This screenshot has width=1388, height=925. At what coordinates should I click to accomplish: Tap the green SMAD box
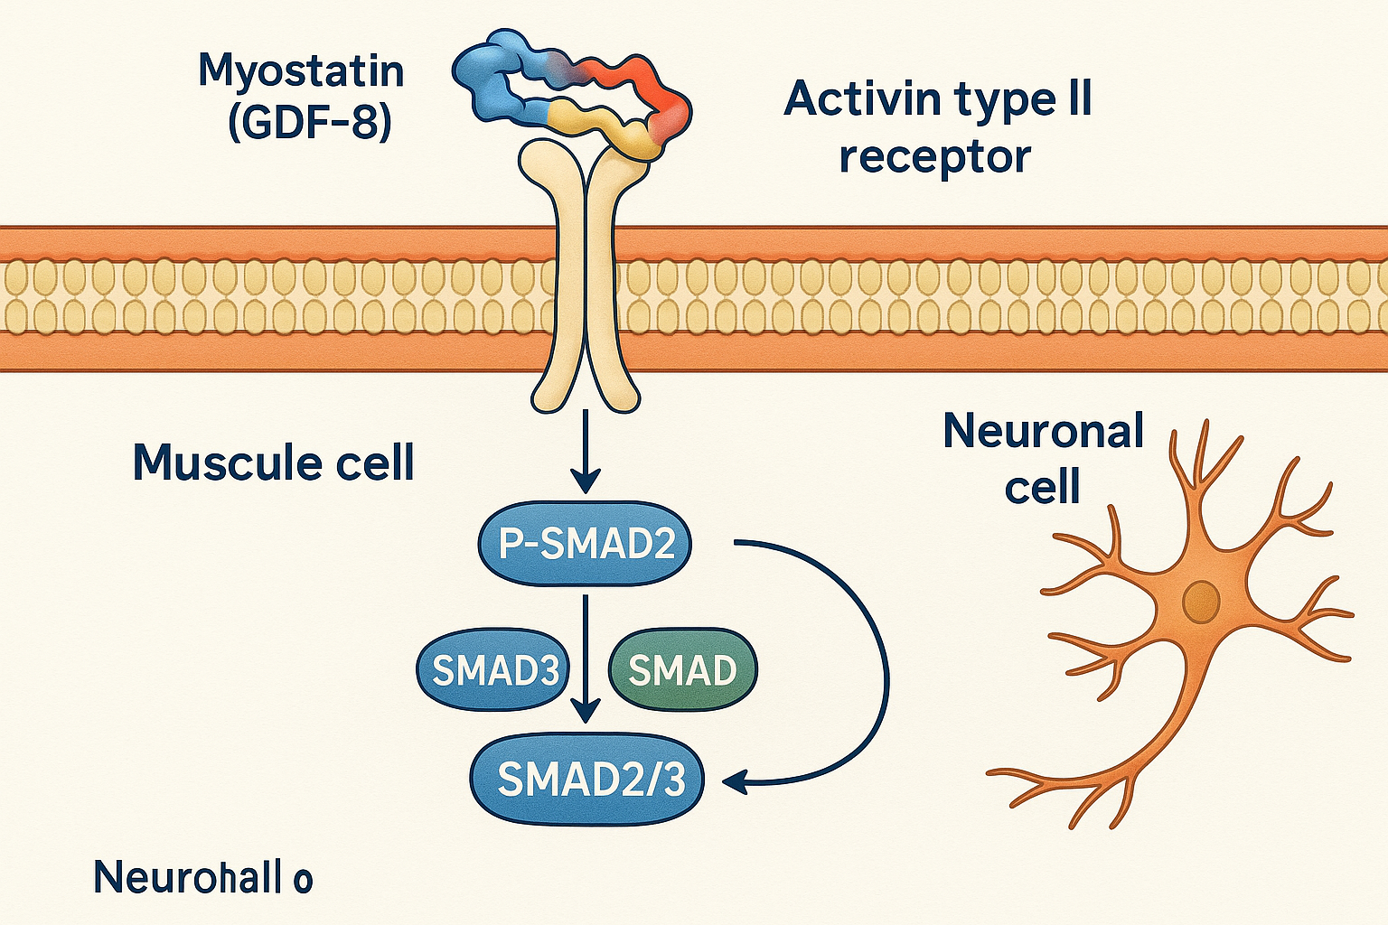point(682,670)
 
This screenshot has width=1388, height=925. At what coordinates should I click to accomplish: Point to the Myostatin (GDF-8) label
point(302,96)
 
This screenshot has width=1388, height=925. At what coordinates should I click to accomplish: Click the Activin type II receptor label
point(937,126)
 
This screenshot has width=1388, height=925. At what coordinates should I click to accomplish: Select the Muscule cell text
point(273,462)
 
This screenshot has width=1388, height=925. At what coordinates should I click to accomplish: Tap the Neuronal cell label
point(1044,459)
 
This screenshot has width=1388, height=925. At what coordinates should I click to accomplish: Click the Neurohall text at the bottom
point(202,877)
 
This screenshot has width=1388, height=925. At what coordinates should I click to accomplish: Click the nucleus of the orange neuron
point(1201,601)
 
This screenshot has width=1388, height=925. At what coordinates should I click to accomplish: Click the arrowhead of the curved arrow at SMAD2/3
point(736,780)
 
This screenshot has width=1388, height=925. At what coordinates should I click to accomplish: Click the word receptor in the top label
point(934,157)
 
